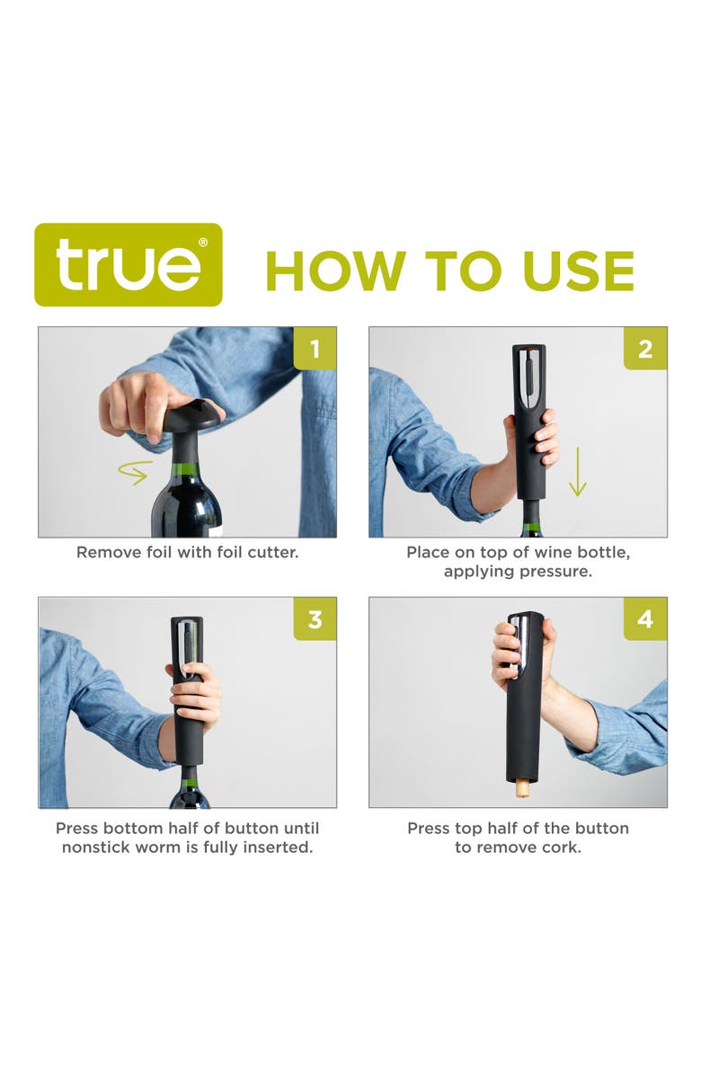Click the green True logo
pyautogui.click(x=128, y=264)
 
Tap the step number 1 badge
pyautogui.click(x=315, y=349)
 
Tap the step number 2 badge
pyautogui.click(x=645, y=349)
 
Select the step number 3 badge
pyautogui.click(x=315, y=619)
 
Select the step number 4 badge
pyautogui.click(x=645, y=619)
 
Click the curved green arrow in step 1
pyautogui.click(x=135, y=472)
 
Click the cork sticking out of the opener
pyautogui.click(x=520, y=788)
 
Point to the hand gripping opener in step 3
pyautogui.click(x=196, y=694)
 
